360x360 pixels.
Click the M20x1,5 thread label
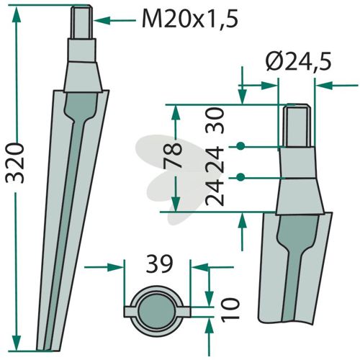190,19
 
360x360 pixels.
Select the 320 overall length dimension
15,163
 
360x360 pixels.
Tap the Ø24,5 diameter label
298,61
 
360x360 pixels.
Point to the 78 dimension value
173,156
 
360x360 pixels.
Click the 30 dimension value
215,120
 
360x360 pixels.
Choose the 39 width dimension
160,264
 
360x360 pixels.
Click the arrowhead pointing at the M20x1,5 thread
102,21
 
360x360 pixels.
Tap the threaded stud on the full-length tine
81,22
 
